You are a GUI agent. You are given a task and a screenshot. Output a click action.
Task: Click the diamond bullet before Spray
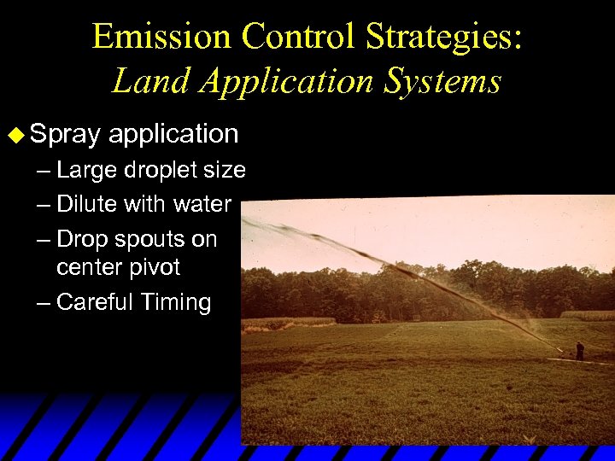pyautogui.click(x=13, y=134)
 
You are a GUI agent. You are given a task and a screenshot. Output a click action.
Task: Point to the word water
pyautogui.click(x=202, y=205)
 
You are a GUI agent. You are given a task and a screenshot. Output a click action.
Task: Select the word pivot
pyautogui.click(x=155, y=267)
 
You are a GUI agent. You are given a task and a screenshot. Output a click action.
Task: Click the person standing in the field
pyautogui.click(x=580, y=350)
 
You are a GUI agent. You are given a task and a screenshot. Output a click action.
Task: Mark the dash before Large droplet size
pyautogui.click(x=43, y=171)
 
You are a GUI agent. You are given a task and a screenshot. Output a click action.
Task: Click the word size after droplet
pyautogui.click(x=228, y=171)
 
